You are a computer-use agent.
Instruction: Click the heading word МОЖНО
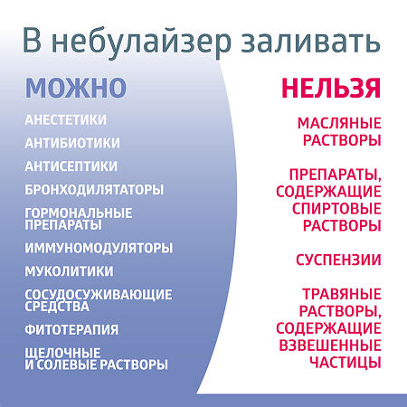pos(75,88)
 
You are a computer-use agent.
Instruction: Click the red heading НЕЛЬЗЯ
pos(330,88)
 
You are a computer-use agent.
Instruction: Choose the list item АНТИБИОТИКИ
pos(72,143)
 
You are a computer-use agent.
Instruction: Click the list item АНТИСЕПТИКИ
pos(71,166)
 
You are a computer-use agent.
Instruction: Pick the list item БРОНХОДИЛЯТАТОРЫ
pos(95,189)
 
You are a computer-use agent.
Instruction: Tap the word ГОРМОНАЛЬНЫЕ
pos(79,213)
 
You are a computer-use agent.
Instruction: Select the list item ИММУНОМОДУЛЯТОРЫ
pos(99,248)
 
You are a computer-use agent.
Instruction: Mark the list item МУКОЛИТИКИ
pos(70,270)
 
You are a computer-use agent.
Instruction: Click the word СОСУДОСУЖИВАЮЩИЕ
pos(99,295)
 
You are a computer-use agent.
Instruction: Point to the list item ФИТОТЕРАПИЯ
pos(72,329)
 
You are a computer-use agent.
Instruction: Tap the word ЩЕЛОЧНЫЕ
pos(63,353)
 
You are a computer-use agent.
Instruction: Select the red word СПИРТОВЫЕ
pos(339,208)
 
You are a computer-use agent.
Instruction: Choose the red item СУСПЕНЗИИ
pos(339,260)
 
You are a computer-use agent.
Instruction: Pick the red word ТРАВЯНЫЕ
pos(339,294)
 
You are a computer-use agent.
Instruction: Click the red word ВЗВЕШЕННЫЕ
pos(339,345)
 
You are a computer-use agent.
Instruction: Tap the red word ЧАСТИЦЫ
pos(339,363)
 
